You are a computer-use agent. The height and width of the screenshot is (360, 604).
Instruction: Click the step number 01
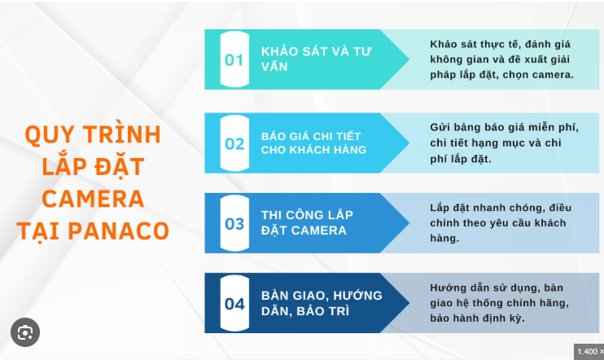[234, 59]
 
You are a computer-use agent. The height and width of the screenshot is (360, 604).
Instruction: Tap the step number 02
[234, 144]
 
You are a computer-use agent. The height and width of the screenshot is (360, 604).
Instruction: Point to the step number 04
[234, 304]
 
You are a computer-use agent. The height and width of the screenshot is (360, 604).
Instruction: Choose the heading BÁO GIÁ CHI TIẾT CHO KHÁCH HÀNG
[313, 143]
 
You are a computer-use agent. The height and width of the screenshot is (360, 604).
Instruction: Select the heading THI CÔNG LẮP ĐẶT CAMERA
[307, 222]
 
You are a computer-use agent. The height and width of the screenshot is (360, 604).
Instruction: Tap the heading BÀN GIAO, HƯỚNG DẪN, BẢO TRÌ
[322, 303]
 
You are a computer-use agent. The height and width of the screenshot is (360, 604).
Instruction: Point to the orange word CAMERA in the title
[93, 198]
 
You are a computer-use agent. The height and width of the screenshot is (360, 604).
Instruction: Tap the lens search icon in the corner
[25, 332]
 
